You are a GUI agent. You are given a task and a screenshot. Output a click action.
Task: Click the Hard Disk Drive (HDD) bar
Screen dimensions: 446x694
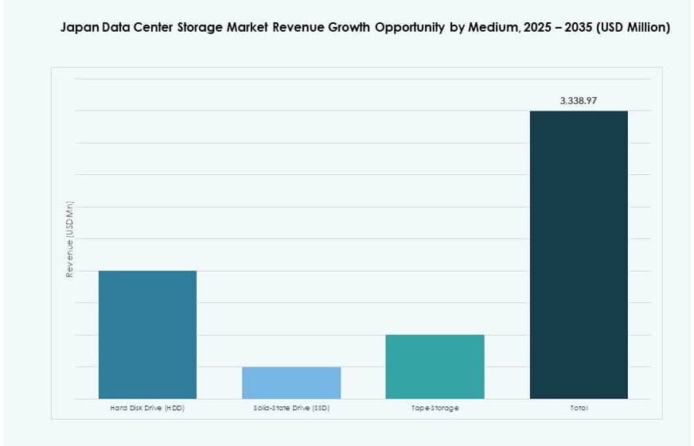click(147, 334)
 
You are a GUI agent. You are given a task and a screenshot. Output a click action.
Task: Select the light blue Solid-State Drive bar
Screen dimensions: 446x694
click(291, 382)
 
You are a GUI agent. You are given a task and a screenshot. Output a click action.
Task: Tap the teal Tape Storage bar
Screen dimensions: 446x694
click(435, 366)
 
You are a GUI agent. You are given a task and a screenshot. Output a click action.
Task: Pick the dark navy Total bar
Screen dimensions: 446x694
click(579, 254)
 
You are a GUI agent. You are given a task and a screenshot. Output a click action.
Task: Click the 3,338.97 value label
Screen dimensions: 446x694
click(578, 101)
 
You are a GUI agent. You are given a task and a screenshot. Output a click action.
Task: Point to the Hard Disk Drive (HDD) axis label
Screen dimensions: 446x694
click(147, 408)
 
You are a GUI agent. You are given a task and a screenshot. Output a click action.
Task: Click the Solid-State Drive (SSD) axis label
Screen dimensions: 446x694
click(291, 408)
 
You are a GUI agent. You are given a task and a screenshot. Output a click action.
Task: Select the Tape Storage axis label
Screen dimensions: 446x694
click(435, 408)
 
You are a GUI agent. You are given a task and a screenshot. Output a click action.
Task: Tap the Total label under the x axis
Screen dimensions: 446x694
click(579, 408)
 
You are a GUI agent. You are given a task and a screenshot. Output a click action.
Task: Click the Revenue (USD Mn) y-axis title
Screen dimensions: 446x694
click(70, 239)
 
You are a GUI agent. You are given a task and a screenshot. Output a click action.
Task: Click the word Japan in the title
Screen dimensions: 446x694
click(79, 28)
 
